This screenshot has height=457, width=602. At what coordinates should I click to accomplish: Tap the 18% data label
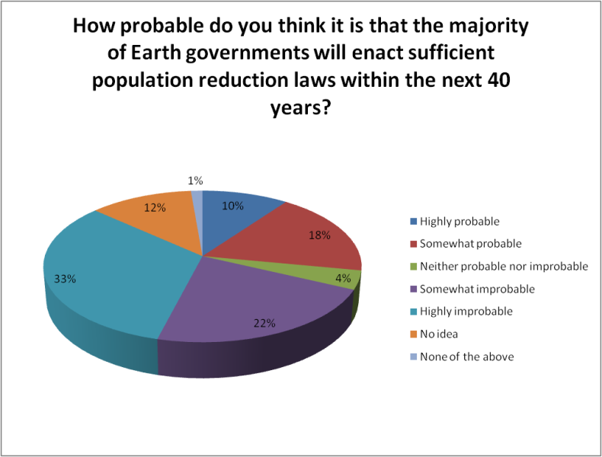tap(320, 235)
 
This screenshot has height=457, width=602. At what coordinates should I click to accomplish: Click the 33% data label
tap(65, 279)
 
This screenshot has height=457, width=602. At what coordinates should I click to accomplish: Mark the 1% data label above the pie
tap(196, 181)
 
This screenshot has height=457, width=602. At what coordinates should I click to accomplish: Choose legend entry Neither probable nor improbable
tap(504, 267)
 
